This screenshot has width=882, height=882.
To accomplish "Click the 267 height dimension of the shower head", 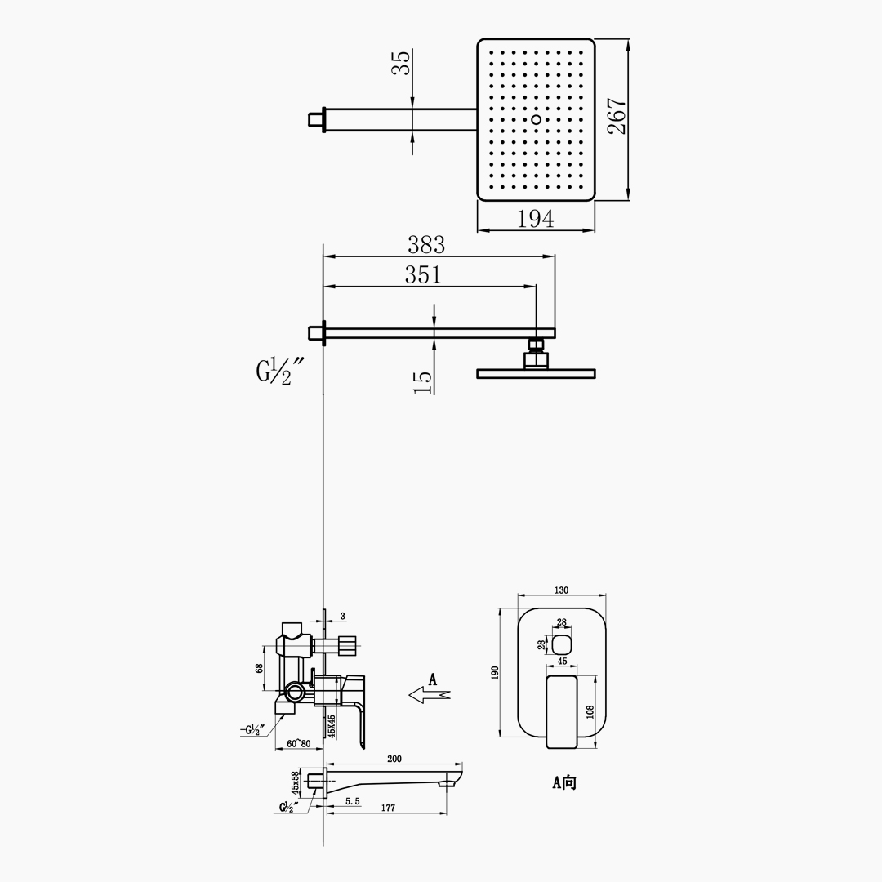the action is tap(617, 116).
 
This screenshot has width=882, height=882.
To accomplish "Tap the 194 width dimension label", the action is tap(535, 218).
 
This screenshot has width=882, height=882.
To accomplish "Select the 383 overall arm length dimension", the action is tap(425, 245).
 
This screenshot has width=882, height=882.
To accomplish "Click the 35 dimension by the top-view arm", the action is tap(402, 62).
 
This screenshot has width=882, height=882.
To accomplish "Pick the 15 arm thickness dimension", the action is tap(423, 382).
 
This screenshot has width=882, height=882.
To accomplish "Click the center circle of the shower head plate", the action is tap(536, 119).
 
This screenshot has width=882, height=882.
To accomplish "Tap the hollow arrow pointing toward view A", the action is tap(430, 695).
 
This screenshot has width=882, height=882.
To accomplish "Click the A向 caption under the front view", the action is tap(563, 782).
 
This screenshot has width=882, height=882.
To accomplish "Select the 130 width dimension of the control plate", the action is tap(561, 590).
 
